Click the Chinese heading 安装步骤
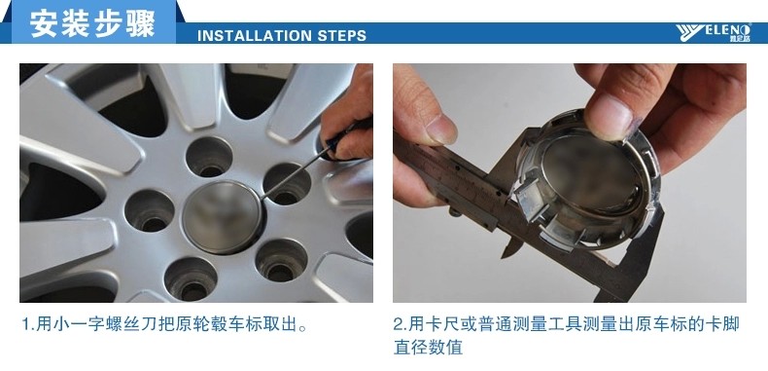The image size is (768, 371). click(x=92, y=23)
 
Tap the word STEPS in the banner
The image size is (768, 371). click(x=342, y=36)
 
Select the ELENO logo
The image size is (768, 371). click(x=714, y=33)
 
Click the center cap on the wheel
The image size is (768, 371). click(x=223, y=217)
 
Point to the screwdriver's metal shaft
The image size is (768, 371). click(x=293, y=174)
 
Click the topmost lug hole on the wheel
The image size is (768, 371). click(x=209, y=157)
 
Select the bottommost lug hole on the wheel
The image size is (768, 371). click(x=191, y=278)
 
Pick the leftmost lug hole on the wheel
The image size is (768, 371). click(x=150, y=211)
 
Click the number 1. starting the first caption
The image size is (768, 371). click(x=28, y=324)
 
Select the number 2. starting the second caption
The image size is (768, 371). click(x=401, y=324)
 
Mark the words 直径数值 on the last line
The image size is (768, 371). click(x=428, y=348)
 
